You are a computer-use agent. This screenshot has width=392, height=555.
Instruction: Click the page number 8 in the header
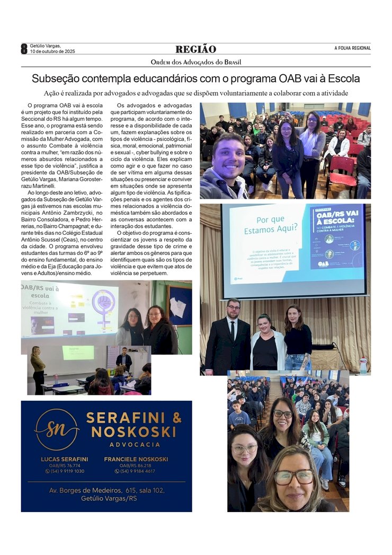(x=24, y=49)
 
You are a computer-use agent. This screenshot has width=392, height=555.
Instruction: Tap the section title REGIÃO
(x=195, y=49)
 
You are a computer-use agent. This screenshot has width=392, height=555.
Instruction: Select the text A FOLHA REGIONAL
(x=352, y=48)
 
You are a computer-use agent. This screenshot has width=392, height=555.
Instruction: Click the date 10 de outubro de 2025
(x=52, y=51)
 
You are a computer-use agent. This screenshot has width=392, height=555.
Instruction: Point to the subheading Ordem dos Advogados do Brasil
(x=195, y=62)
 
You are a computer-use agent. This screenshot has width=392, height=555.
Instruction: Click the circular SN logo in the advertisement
(x=57, y=429)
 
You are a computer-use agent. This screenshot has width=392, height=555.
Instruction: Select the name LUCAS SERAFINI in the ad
(x=64, y=459)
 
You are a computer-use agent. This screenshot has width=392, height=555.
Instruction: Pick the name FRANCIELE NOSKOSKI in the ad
(x=136, y=459)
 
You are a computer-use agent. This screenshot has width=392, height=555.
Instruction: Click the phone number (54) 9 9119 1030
(x=64, y=471)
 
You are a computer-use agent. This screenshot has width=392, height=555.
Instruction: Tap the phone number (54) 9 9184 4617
(x=136, y=471)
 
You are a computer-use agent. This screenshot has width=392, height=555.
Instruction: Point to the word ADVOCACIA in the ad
(x=135, y=444)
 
